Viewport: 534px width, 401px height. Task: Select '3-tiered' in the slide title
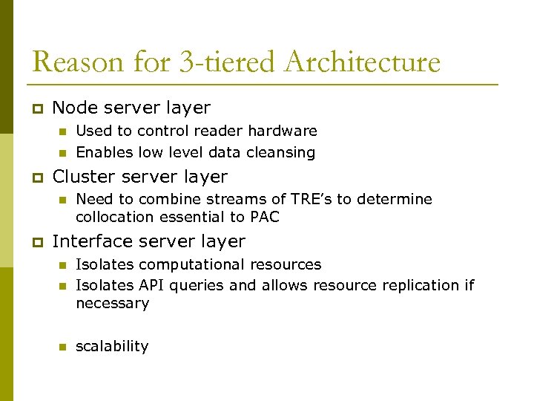pos(220,62)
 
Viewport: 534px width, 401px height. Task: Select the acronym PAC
pos(264,218)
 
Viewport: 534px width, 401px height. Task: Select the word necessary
pos(113,304)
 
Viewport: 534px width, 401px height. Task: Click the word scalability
pos(112,347)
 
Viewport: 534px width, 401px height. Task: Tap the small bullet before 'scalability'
pos(63,347)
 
